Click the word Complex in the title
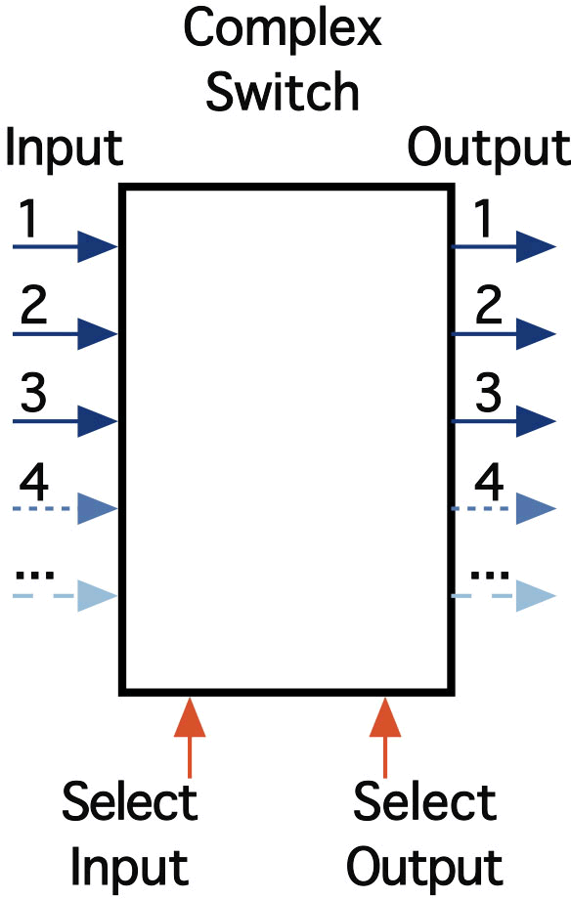click(283, 31)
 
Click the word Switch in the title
click(283, 91)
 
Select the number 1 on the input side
click(28, 219)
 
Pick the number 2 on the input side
click(33, 306)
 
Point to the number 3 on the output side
click(488, 393)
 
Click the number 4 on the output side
click(489, 482)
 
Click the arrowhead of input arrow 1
click(98, 247)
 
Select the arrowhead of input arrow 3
click(98, 421)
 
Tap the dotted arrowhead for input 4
click(98, 508)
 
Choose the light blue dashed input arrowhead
click(98, 596)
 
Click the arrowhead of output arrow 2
click(536, 333)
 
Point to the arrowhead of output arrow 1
click(536, 247)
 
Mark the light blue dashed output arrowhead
click(536, 596)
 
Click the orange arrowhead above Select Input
click(190, 716)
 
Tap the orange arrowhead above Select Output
click(385, 716)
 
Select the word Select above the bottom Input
click(130, 801)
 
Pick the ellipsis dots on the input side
click(34, 575)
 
